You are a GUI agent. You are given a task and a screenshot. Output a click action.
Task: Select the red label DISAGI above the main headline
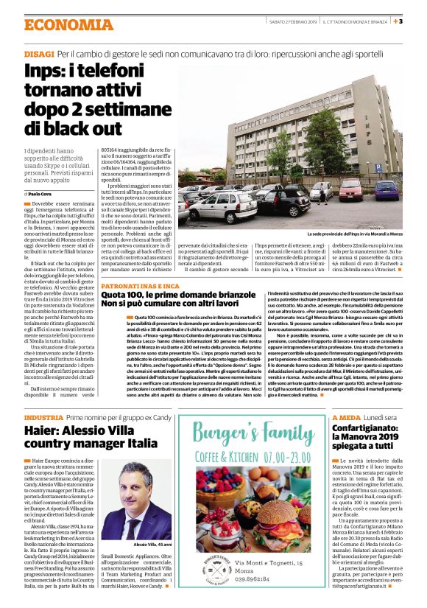click(38, 55)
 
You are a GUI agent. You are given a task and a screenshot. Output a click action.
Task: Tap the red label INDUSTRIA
click(43, 417)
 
